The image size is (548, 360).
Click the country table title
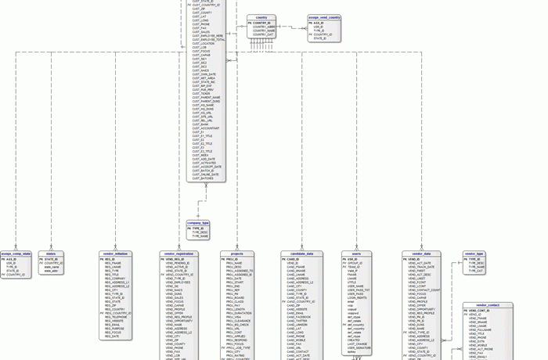tap(261, 17)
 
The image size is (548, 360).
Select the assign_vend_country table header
tap(324, 17)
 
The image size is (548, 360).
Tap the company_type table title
tap(198, 223)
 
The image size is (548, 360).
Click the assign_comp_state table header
tap(16, 254)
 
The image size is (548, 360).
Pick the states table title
tap(51, 254)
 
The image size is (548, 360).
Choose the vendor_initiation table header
tap(115, 254)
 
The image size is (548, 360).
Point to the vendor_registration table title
tap(179, 254)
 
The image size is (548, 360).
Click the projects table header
tap(236, 254)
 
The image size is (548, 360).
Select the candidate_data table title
tap(301, 254)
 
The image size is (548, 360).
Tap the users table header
tap(356, 254)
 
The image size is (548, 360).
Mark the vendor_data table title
tap(421, 254)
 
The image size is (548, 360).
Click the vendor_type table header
tap(474, 254)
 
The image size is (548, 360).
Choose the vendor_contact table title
tap(487, 305)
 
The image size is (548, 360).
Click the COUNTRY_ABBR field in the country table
tap(264, 27)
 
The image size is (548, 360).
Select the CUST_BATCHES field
tap(203, 178)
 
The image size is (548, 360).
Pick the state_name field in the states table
tap(52, 267)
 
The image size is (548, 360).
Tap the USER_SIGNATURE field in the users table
tap(359, 347)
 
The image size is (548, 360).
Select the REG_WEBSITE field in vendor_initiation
tap(114, 321)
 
